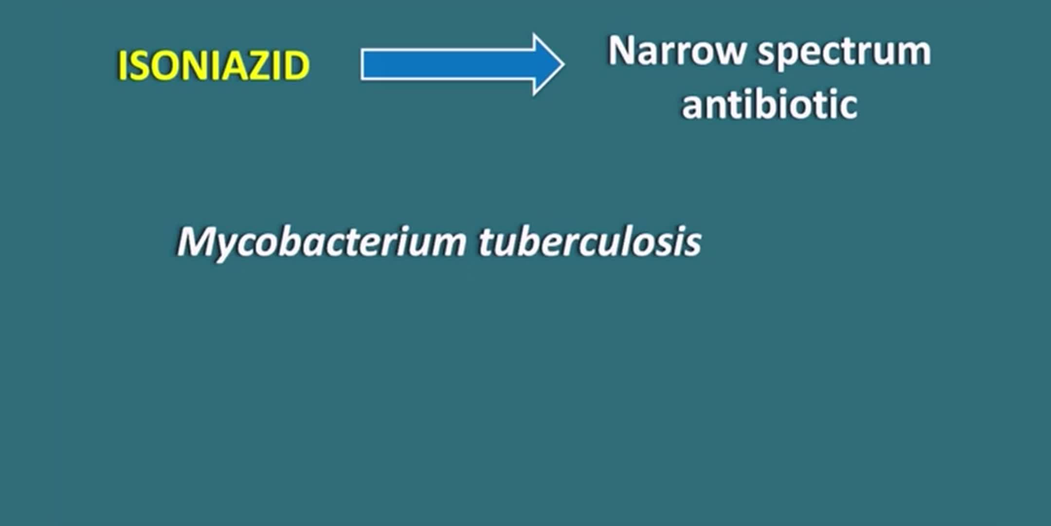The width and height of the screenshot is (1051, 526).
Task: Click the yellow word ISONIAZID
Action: click(214, 66)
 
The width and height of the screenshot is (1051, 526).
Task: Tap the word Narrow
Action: click(676, 51)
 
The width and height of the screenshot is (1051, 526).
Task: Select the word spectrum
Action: click(845, 54)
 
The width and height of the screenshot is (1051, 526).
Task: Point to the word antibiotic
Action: click(769, 104)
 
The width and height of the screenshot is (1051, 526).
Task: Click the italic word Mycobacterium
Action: click(322, 242)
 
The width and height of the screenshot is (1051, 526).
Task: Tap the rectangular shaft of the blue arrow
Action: click(448, 64)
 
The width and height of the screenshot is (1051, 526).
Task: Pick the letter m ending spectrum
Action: click(915, 54)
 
